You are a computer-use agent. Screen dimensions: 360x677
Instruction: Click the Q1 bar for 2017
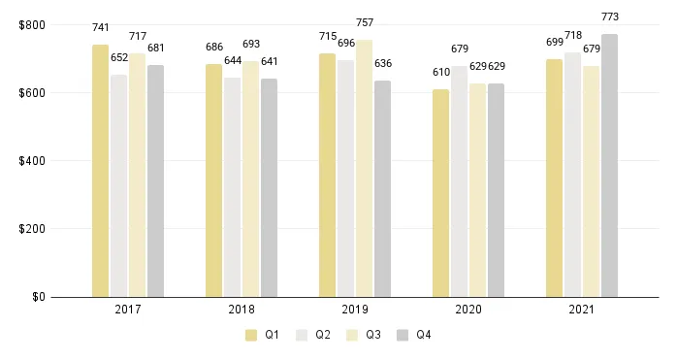[x=100, y=171]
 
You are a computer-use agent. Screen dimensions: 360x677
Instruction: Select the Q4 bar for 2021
[x=609, y=165]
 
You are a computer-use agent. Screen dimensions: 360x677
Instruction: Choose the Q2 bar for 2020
[x=460, y=181]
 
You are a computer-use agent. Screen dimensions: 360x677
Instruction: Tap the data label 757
[x=364, y=22]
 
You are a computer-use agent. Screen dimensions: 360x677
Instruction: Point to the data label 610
[x=441, y=72]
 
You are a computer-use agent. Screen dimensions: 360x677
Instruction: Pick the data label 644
[x=232, y=60]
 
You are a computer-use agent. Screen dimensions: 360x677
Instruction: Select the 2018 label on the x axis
[x=241, y=311]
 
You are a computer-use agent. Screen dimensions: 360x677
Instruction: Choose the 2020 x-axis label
[x=468, y=311]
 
